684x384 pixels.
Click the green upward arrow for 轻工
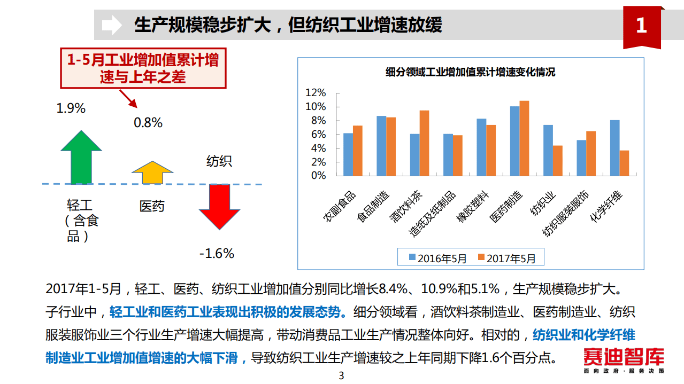(x=81, y=158)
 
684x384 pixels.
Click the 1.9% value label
(x=71, y=108)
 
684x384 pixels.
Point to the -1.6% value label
(x=217, y=253)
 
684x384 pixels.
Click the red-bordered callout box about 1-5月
(x=143, y=68)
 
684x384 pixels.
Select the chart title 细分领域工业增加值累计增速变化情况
(x=470, y=72)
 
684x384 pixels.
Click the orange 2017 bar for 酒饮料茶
(x=424, y=143)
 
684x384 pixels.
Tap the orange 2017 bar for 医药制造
(x=524, y=138)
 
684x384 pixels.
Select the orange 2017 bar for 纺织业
(x=557, y=161)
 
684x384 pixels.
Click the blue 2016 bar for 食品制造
(x=381, y=146)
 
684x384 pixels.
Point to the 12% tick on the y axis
(x=316, y=93)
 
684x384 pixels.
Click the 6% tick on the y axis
(x=318, y=135)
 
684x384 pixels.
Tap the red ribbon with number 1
(x=641, y=27)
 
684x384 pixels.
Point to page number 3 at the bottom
(x=341, y=376)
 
